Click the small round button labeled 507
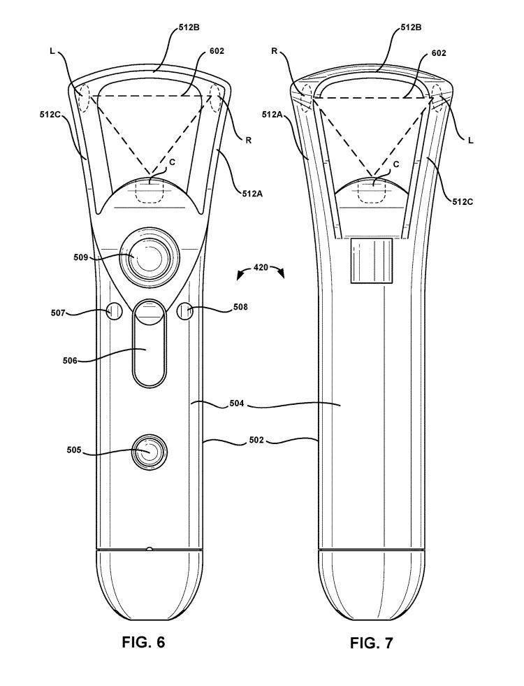pyautogui.click(x=115, y=312)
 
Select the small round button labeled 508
pyautogui.click(x=185, y=312)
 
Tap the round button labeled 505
pyautogui.click(x=147, y=452)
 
